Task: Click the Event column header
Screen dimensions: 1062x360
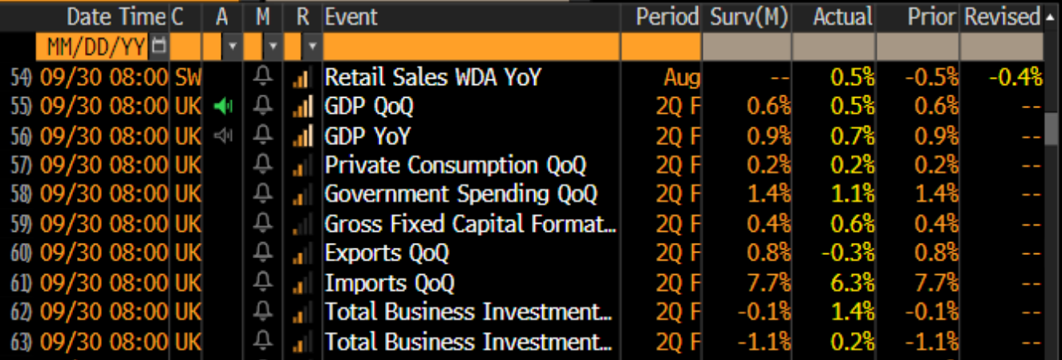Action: coord(351,17)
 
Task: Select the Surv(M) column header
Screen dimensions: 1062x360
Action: coord(749,17)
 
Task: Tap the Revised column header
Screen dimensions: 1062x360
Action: coord(1003,17)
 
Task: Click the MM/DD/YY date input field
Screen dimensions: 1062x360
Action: coord(96,47)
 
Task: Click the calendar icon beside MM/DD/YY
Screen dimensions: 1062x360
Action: coord(159,46)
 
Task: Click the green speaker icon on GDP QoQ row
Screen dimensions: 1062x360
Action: coord(223,106)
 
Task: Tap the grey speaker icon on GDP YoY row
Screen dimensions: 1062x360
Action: coord(223,136)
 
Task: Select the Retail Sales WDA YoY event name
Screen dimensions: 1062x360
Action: coord(433,77)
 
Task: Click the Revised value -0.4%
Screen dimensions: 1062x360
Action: coord(1015,77)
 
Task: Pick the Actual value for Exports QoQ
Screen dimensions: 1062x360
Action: coord(848,253)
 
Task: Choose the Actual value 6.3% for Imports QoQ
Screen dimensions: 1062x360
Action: coord(853,283)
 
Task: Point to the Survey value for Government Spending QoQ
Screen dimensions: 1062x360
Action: coord(769,194)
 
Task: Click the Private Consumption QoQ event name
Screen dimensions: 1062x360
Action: coord(456,165)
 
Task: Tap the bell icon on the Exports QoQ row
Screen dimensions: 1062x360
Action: coord(262,253)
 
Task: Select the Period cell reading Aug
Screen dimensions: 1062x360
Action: coord(682,78)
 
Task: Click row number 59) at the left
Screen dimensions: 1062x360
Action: coord(22,224)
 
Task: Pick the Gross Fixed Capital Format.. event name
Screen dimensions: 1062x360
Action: coord(470,224)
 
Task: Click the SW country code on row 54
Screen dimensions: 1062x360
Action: coord(188,77)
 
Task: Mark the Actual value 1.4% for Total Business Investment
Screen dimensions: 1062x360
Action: coord(853,312)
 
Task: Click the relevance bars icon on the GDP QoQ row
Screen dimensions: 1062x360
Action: coord(303,106)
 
